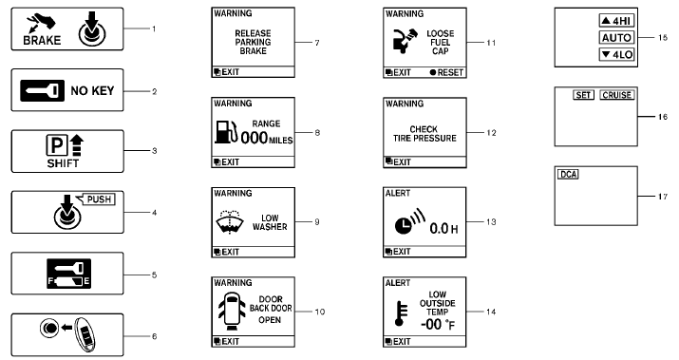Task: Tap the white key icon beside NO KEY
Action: [x=47, y=92]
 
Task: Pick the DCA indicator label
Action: [x=566, y=174]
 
